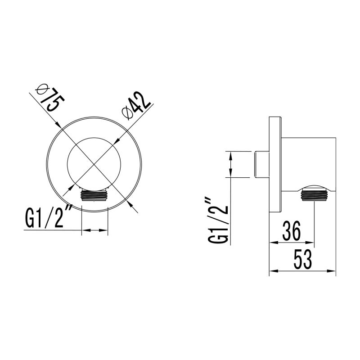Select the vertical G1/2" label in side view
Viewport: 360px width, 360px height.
pyautogui.click(x=217, y=220)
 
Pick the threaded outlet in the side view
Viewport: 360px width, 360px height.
pyautogui.click(x=313, y=195)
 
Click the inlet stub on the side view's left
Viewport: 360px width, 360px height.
pyautogui.click(x=261, y=165)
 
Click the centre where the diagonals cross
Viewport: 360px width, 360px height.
pyautogui.click(x=94, y=163)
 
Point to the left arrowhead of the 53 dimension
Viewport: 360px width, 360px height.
pyautogui.click(x=271, y=271)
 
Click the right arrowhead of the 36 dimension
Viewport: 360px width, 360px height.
pyautogui.click(x=311, y=243)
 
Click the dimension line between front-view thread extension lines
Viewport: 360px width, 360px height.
pyautogui.click(x=94, y=231)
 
